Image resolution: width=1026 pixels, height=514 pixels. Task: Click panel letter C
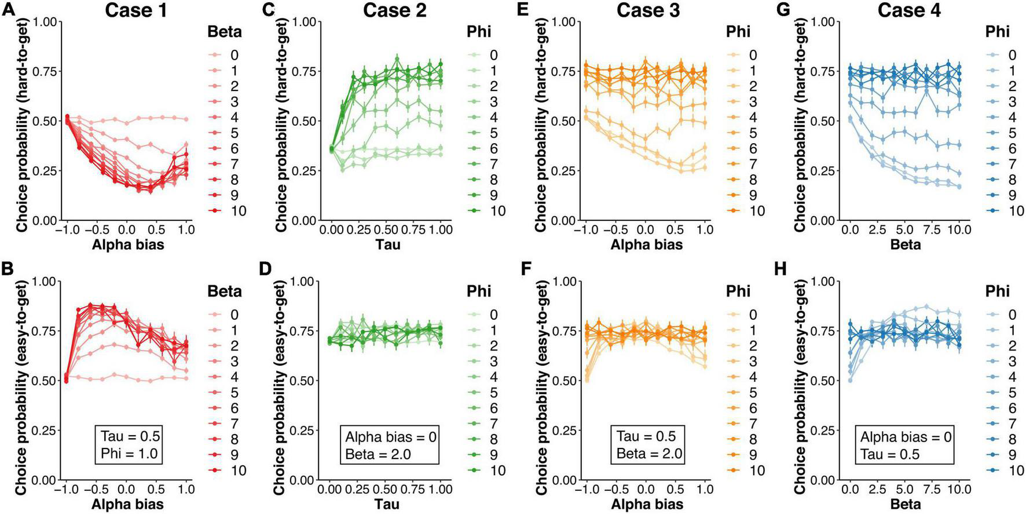(x=267, y=9)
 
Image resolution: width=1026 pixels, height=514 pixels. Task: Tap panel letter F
(x=526, y=269)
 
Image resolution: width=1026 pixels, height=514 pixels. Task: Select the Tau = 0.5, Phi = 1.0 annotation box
(x=129, y=444)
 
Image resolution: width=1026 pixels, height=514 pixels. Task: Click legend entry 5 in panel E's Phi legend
(x=744, y=133)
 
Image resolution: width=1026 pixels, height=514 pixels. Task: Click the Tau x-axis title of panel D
(x=387, y=505)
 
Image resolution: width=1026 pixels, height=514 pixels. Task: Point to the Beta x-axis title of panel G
(x=906, y=245)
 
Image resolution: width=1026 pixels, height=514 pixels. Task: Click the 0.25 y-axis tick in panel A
(x=47, y=171)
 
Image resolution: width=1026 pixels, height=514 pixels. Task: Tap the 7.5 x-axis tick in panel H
(x=932, y=490)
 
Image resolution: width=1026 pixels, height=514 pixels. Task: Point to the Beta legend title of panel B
(x=224, y=291)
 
